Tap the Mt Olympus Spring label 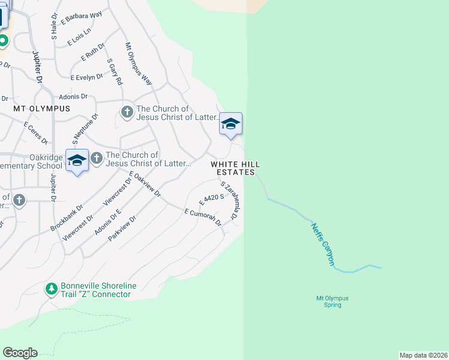coord(332,301)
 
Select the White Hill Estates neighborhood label coord(235,168)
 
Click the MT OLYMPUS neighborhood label coord(42,109)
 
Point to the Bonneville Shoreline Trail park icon coord(52,289)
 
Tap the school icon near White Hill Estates coord(231,124)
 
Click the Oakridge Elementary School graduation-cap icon coord(77,160)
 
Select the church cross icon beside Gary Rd coord(127,112)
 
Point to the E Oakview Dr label coord(145,184)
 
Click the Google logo coord(20,353)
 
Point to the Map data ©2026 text coord(423,355)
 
